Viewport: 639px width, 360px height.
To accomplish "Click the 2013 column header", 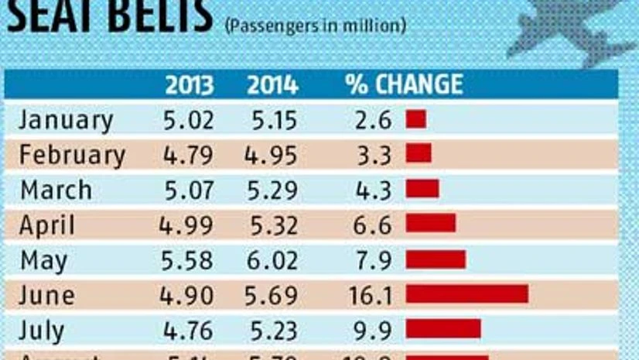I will click(x=189, y=84).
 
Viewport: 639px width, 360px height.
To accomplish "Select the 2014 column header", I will click(x=272, y=84).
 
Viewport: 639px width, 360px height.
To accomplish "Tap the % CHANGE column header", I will click(x=403, y=84).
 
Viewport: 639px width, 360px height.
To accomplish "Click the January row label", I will click(x=66, y=120).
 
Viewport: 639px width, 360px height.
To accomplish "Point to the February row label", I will click(x=72, y=155).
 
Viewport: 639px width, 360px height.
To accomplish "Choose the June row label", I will click(x=47, y=295).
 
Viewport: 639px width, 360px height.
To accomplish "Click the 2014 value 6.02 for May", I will click(x=272, y=260).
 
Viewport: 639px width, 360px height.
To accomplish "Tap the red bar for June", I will click(x=466, y=294).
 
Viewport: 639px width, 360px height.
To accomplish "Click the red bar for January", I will click(x=416, y=119).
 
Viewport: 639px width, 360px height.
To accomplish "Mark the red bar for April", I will click(x=431, y=224).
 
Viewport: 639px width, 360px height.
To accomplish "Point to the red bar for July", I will click(x=443, y=329).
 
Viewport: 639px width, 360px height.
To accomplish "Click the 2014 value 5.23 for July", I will click(x=272, y=330).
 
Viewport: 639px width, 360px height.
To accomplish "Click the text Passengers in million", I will click(x=315, y=25).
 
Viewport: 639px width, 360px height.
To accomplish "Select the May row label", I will click(x=44, y=260).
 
